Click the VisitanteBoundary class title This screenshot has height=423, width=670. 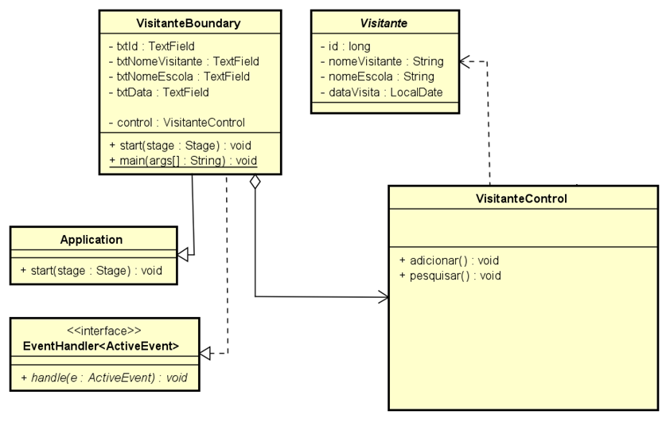[x=189, y=23]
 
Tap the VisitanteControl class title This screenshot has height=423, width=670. [x=523, y=199]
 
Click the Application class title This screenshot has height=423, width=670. [x=92, y=240]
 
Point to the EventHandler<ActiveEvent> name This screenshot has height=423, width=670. [x=101, y=346]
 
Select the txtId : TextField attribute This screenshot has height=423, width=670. [x=151, y=46]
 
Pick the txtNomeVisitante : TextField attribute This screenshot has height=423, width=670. [x=183, y=61]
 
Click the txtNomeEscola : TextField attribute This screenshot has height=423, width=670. [x=179, y=76]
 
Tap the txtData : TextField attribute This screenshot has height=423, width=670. [x=158, y=92]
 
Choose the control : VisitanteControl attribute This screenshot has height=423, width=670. [x=176, y=123]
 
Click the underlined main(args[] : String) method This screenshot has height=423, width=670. [x=183, y=161]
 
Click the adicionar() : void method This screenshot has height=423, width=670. [x=449, y=260]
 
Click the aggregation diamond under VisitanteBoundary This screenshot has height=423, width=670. [x=255, y=182]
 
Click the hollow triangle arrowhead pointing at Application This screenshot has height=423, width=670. [x=183, y=254]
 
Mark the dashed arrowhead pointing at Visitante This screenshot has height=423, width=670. [x=466, y=61]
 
